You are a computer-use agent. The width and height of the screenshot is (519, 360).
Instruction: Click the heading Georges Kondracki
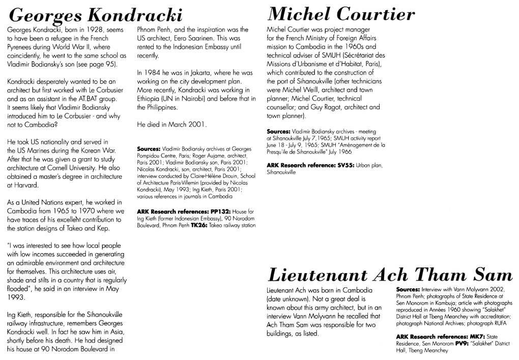click(97, 14)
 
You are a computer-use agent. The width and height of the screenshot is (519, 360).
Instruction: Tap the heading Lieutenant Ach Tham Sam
click(389, 275)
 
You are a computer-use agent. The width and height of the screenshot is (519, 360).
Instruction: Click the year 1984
click(157, 73)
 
